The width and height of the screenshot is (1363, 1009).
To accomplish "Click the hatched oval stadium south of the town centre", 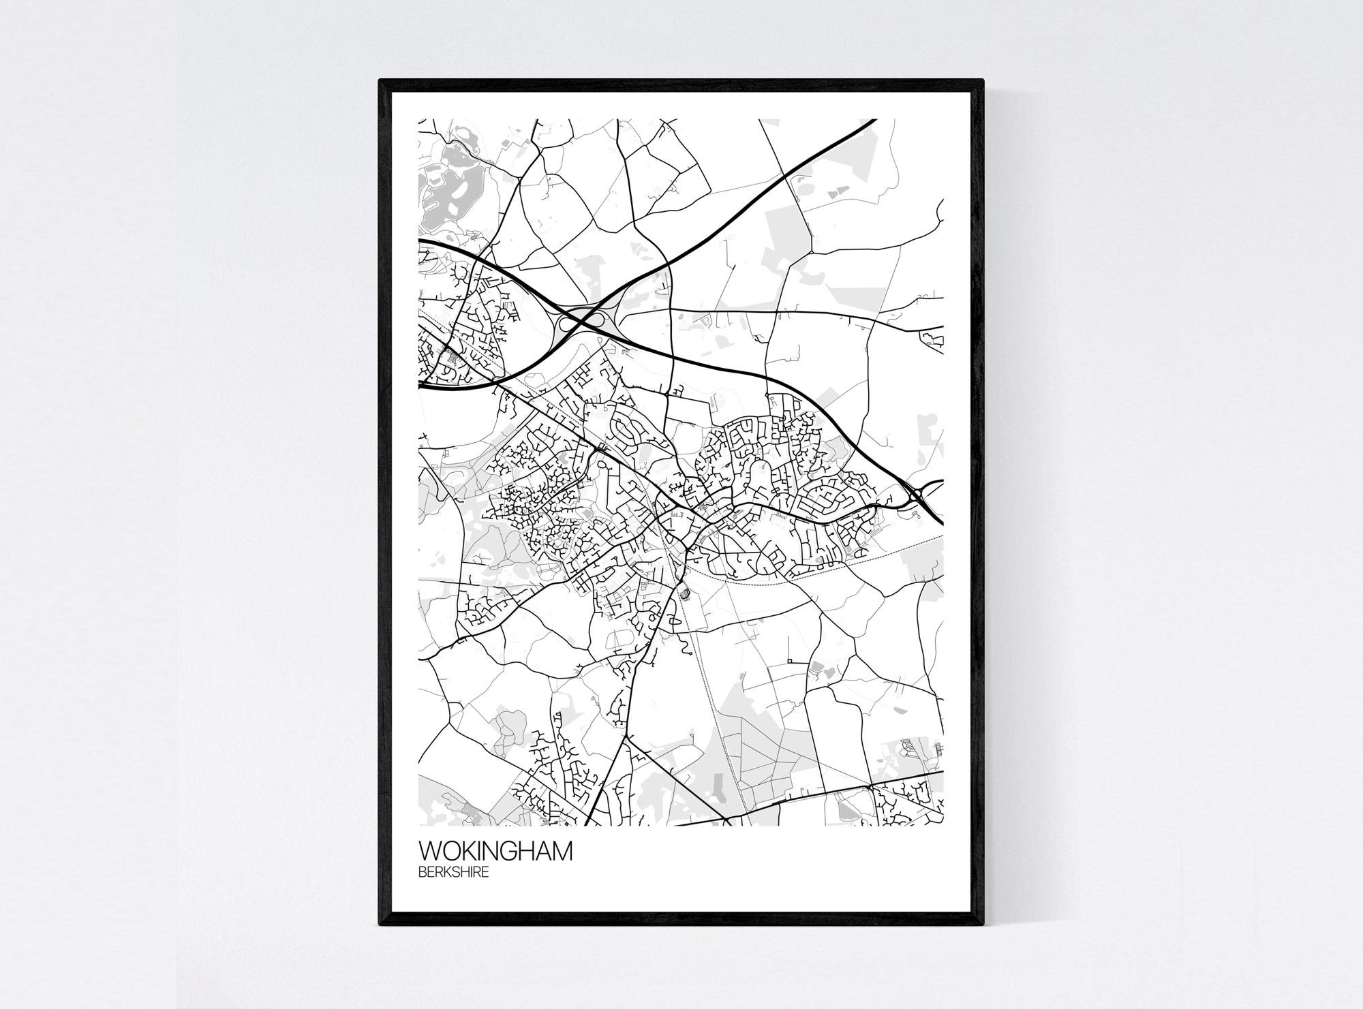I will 685,594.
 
